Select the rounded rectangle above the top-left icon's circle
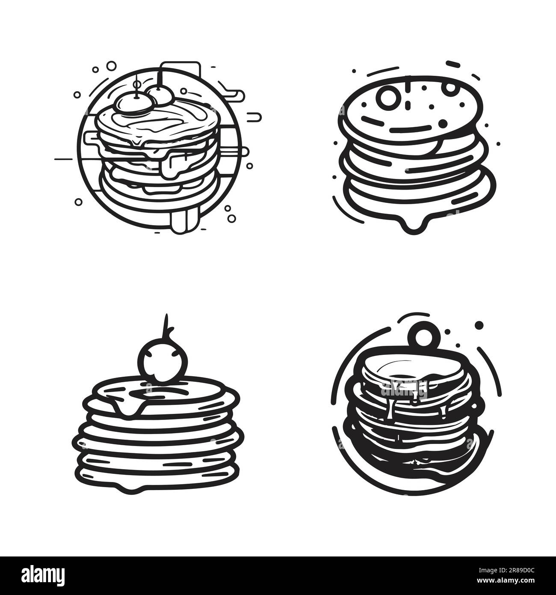tap(180, 71)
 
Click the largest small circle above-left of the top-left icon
tap(111, 65)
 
